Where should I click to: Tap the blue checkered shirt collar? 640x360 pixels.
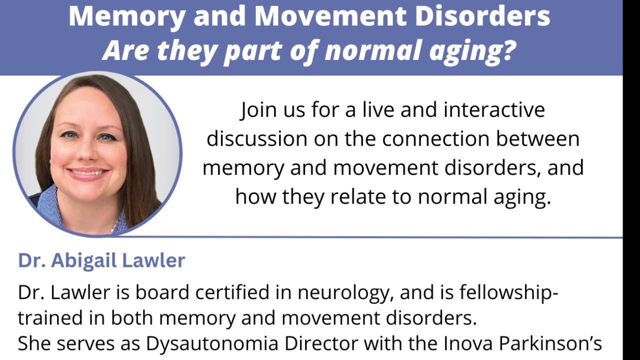(x=55, y=205)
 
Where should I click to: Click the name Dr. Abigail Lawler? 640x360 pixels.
(x=101, y=260)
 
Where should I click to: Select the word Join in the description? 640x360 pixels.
(x=258, y=109)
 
